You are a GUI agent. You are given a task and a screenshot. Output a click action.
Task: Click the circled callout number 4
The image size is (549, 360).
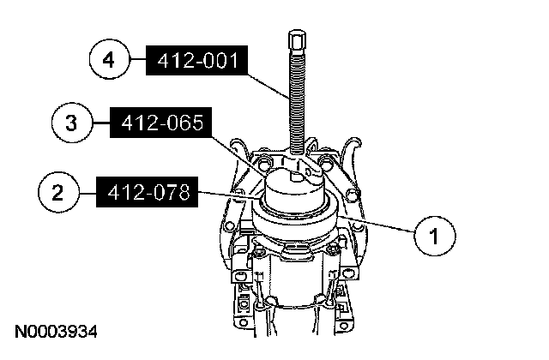[x=109, y=59]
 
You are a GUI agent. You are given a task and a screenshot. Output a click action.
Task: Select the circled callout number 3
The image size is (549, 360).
[x=72, y=123]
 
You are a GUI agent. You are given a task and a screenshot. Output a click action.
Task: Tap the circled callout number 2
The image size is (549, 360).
[x=58, y=192]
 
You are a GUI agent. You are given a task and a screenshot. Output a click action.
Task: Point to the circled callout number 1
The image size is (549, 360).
[x=435, y=236]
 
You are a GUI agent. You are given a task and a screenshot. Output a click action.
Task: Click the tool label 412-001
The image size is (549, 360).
[x=197, y=60]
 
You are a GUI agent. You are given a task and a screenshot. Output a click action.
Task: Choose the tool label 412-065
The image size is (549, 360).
[x=161, y=123]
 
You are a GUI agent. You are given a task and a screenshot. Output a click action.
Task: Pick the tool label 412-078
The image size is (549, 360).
[x=148, y=192]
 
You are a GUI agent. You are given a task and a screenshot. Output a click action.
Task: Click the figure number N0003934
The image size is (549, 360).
[x=56, y=332]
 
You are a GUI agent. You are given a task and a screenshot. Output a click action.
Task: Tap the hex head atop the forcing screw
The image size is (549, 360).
[x=298, y=39]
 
